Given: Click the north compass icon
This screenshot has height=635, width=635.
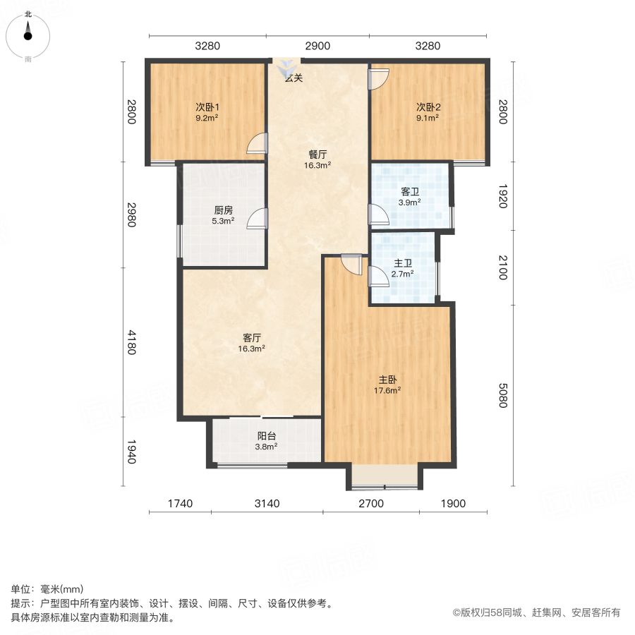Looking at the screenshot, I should pos(28,32).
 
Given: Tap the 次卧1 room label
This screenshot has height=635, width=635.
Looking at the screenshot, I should pos(207,107).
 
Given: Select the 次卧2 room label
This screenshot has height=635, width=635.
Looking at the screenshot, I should pos(428,107).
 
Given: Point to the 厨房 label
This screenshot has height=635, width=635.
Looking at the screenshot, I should pos(224,210).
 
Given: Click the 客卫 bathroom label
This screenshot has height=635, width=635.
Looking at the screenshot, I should pos(410,191).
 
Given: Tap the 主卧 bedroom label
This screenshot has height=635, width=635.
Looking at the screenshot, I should pos(388,379).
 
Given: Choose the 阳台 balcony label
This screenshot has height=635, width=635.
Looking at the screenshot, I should pos(266,435).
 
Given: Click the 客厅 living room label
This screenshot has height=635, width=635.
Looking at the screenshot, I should pos(251,338).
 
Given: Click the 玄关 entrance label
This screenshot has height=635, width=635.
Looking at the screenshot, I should pos(294,78).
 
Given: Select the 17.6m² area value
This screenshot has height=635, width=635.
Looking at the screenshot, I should pos(388,389).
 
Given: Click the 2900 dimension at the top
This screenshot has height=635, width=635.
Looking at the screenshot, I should pos(317,46).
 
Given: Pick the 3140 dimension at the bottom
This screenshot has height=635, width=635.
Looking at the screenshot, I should pos(267,503).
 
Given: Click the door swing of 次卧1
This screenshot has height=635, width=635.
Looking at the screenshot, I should pos(258,143).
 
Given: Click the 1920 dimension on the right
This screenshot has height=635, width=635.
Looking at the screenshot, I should pos(502,196).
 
